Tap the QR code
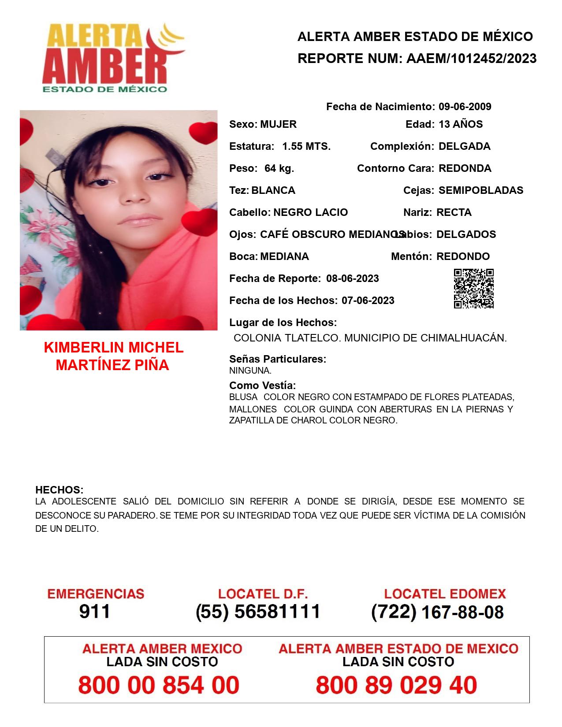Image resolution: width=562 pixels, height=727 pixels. tap(473, 289)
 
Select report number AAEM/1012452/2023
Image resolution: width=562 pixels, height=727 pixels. tap(471, 58)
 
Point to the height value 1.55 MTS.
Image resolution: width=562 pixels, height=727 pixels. tap(306, 146)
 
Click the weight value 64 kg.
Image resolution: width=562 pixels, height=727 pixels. tap(279, 168)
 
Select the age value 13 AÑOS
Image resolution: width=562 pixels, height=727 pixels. tap(461, 124)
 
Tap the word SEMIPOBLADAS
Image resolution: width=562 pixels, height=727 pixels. tap(481, 190)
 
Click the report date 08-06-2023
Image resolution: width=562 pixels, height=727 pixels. tap(353, 278)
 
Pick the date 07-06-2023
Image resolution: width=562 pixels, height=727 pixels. tap(368, 300)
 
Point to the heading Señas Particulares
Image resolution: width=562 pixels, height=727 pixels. tap(278, 359)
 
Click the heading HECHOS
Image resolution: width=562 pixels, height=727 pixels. tap(59, 490)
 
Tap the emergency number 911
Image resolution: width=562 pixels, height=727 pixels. tap(95, 612)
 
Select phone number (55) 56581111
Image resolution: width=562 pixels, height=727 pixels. tap(258, 612)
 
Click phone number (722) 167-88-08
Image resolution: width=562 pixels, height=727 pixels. tap(437, 612)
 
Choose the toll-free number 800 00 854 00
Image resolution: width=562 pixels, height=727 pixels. tap(159, 685)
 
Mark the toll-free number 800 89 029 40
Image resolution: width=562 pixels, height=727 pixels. tap(396, 685)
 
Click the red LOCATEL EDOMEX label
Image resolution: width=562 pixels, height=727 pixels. tap(445, 594)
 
